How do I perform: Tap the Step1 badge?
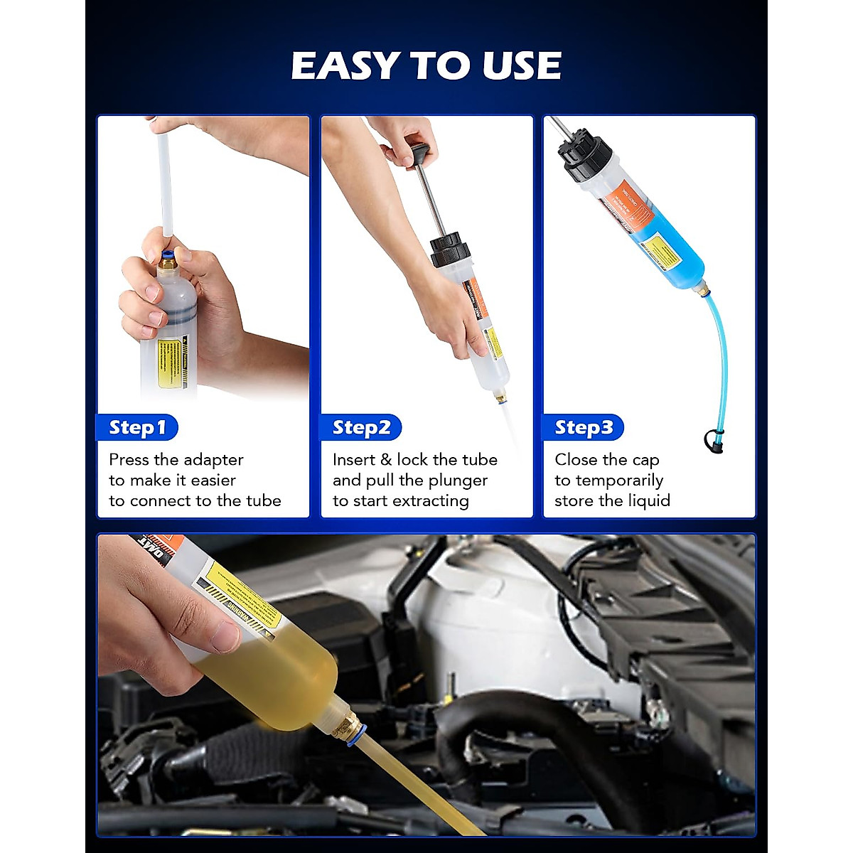pyautogui.click(x=137, y=428)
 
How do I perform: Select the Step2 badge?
pyautogui.click(x=361, y=428)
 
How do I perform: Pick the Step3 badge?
pyautogui.click(x=583, y=428)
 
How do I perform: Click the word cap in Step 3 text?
pyautogui.click(x=645, y=460)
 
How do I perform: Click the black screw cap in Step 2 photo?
pyautogui.click(x=450, y=252)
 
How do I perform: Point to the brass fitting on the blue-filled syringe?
pyautogui.click(x=702, y=289)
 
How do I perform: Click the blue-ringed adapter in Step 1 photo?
pyautogui.click(x=168, y=259)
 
